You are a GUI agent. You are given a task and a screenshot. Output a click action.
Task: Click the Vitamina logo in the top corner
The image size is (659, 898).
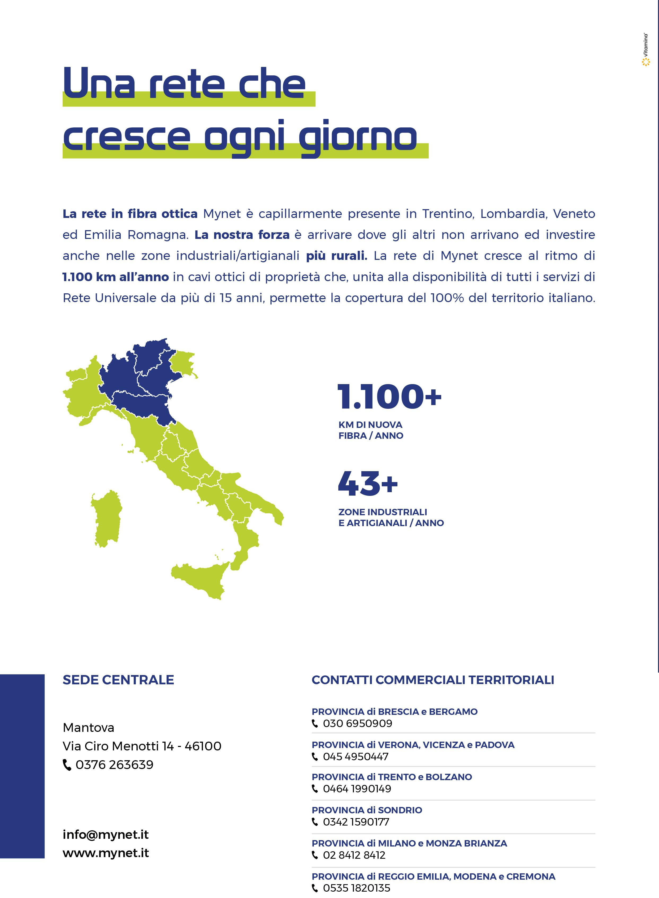(x=645, y=50)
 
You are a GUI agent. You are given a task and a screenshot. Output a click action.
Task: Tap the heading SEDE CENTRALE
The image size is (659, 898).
(x=119, y=680)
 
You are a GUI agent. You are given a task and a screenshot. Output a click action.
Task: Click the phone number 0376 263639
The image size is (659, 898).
(x=114, y=765)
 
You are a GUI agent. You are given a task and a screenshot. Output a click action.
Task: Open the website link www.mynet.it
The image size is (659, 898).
(x=106, y=853)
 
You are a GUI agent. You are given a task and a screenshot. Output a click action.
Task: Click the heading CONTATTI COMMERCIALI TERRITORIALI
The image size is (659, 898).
(x=433, y=680)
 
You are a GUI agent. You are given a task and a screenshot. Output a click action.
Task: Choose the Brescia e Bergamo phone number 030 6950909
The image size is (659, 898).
(x=357, y=723)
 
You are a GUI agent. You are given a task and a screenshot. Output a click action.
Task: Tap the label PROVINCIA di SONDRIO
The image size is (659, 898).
(x=367, y=810)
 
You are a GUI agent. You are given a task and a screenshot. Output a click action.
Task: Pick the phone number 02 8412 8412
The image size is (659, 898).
(x=354, y=855)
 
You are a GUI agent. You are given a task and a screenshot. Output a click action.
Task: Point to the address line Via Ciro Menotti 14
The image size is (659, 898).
(x=142, y=746)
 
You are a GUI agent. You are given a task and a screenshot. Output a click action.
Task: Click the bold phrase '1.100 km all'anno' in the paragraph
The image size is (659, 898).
(x=116, y=277)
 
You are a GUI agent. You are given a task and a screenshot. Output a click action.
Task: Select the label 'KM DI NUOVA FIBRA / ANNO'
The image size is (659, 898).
(x=371, y=430)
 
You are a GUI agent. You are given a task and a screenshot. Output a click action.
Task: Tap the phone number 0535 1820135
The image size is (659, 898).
(x=356, y=888)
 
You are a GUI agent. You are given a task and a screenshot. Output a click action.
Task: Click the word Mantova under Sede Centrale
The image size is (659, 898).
(x=89, y=728)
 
